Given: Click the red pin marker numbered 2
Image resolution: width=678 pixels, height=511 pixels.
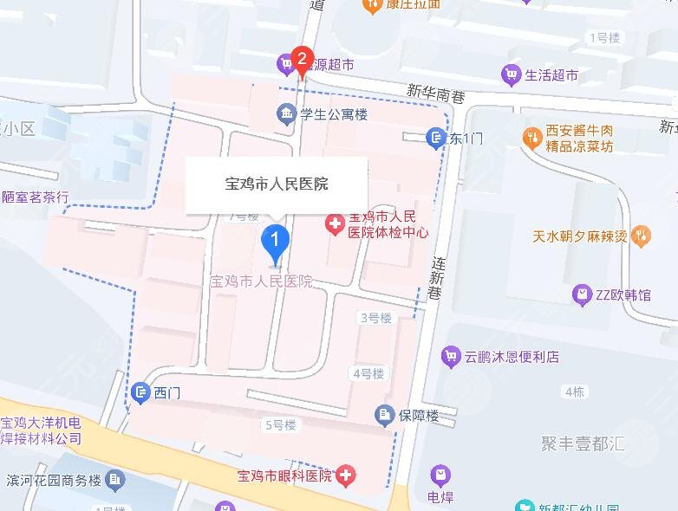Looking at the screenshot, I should pos(302,60).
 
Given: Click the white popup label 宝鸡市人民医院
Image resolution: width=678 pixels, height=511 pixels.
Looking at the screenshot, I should pos(276,184).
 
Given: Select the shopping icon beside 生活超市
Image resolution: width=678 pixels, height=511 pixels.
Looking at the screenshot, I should pos(511,75).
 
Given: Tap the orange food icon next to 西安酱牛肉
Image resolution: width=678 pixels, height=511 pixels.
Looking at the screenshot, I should pos(530,137).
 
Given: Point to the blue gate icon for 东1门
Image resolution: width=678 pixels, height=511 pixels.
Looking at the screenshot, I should pos(435,137).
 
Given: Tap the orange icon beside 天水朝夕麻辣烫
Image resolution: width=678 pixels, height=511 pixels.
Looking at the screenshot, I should pos(641,234).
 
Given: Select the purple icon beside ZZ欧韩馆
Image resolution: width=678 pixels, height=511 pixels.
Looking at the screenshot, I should pos(582,295).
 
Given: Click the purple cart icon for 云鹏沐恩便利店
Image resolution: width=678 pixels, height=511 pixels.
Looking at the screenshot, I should pos(450,356).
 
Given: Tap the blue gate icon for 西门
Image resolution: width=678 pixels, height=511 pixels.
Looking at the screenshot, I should pos(140,393).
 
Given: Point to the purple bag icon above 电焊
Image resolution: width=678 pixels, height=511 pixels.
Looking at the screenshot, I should pos(440,475).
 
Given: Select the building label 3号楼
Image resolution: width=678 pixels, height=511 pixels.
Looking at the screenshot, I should pos(375,318).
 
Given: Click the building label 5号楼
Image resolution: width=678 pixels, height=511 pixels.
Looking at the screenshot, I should pos(279,424).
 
